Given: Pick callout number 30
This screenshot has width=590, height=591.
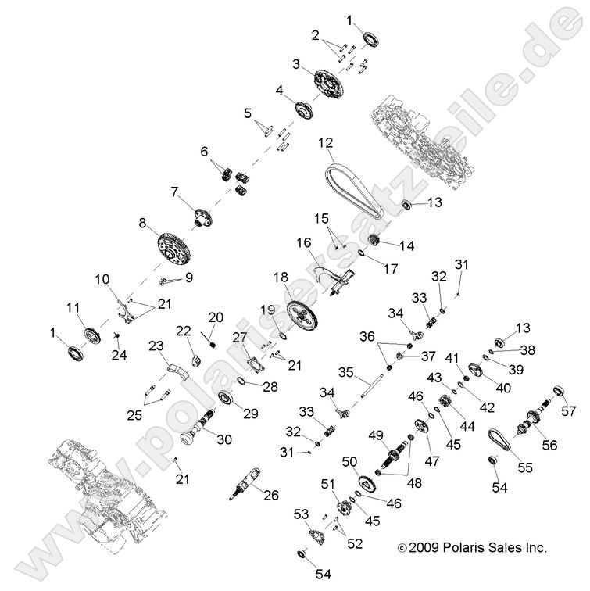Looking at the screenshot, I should click(224, 439).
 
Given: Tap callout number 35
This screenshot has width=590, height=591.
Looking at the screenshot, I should click(346, 371).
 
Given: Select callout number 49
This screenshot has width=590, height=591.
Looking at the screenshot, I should click(375, 435).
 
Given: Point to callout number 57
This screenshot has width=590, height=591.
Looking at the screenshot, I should click(568, 408).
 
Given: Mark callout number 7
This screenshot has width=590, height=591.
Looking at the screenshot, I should click(175, 191).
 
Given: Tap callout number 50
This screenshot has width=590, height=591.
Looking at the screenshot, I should click(349, 462).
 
